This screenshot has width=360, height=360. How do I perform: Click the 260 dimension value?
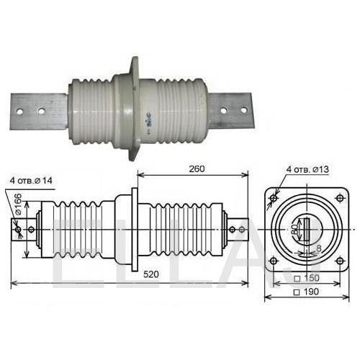(x=197, y=169)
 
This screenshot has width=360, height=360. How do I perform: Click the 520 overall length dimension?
(x=151, y=274)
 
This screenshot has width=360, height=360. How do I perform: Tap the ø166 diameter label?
(x=18, y=204)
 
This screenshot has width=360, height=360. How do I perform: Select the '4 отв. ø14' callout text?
(x=31, y=181)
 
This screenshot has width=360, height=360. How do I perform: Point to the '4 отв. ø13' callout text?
(x=307, y=169)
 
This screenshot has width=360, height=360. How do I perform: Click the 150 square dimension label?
(x=307, y=278)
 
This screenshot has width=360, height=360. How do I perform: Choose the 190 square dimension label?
(x=307, y=292)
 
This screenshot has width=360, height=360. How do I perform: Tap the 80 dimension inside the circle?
(x=294, y=230)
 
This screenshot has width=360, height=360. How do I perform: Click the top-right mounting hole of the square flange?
(x=340, y=198)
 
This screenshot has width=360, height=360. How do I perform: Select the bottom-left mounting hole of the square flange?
(x=274, y=261)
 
